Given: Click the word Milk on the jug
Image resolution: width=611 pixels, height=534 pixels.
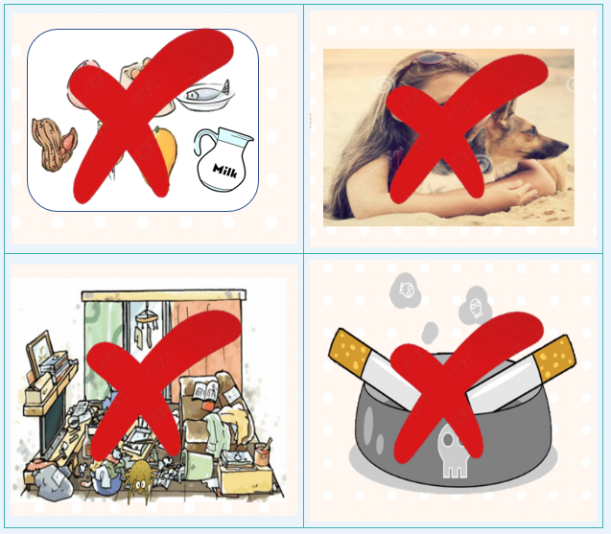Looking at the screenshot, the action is pyautogui.click(x=224, y=171).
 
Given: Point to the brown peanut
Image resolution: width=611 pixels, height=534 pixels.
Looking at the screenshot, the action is pyautogui.click(x=54, y=145).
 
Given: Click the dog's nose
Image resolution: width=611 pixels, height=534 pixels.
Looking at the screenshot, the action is pyautogui.click(x=564, y=146).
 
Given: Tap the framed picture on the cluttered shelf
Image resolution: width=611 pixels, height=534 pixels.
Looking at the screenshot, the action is pyautogui.click(x=39, y=350).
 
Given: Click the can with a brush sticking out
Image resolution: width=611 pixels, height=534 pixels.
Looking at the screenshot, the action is pyautogui.click(x=263, y=453).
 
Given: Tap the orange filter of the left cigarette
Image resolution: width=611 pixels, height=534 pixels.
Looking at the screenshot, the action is pyautogui.click(x=349, y=351).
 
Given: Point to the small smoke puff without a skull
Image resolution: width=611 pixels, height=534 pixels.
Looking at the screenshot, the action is pyautogui.click(x=430, y=333).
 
